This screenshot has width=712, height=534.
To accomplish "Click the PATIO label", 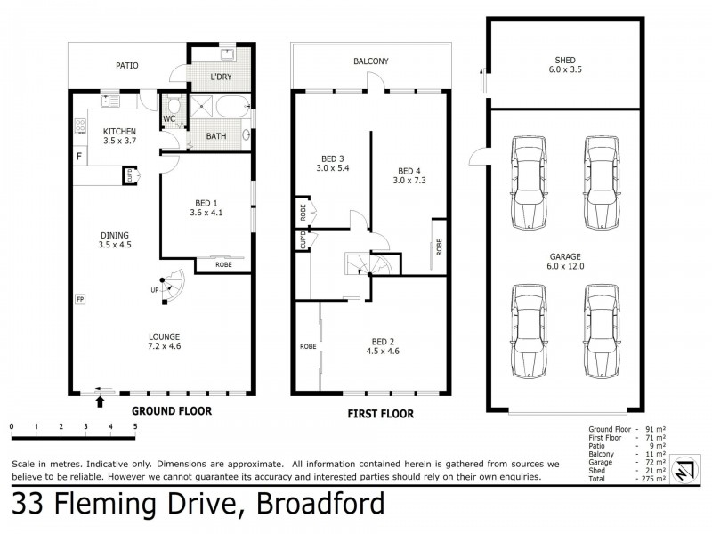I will pos(126,65).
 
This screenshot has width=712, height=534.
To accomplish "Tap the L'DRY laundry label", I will pos(221,78).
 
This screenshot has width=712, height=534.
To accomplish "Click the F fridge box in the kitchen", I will pos(78,158).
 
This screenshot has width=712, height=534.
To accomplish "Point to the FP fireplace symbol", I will pos(79,299).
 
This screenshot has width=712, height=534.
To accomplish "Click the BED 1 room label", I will pos(204,207).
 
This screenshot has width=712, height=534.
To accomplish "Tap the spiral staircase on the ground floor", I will pos(173,287).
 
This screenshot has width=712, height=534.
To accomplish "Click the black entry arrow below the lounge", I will pos(100,402).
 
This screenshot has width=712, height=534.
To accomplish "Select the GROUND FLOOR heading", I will pos(171,411).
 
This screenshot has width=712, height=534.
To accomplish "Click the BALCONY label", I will pos(369,61).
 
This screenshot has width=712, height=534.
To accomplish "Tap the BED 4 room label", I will pos(410,175).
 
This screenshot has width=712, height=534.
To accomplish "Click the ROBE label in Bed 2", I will pos(307,346).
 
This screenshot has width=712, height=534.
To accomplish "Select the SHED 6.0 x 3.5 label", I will pos(565,66).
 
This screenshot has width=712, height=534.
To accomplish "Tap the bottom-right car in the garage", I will pos(598,331).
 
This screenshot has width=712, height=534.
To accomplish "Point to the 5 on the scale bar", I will pos(135,426).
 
